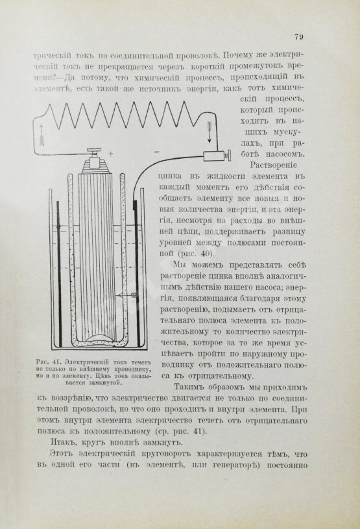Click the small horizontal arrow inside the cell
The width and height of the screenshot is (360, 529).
tap(129, 295)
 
